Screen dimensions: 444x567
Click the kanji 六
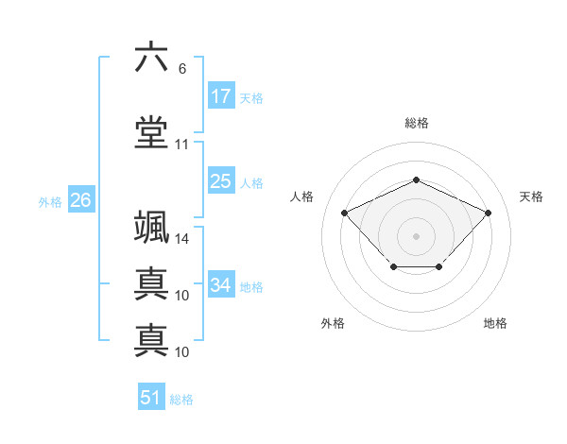click(x=151, y=58)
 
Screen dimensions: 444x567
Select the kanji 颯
click(x=151, y=230)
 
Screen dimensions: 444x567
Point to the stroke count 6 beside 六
click(x=181, y=68)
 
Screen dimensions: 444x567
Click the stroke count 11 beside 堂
click(x=181, y=145)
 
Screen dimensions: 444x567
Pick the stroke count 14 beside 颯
click(x=182, y=239)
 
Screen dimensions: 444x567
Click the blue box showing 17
click(x=220, y=96)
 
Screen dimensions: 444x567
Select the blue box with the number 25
click(x=220, y=181)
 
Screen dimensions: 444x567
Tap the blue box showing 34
click(x=221, y=285)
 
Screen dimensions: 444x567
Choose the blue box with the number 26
click(x=80, y=200)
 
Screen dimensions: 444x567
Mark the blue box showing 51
click(x=151, y=398)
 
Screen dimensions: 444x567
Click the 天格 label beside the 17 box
click(x=250, y=97)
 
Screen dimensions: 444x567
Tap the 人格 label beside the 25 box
click(x=250, y=182)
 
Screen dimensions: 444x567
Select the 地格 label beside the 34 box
click(x=251, y=286)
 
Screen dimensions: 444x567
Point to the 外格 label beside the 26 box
click(x=50, y=201)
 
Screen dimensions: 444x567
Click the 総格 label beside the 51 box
click(x=181, y=400)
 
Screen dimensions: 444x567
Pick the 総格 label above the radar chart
click(x=416, y=123)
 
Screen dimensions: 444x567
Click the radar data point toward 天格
click(x=488, y=213)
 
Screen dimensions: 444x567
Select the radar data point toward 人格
click(x=345, y=213)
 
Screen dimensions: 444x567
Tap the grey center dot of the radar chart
click(x=416, y=235)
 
